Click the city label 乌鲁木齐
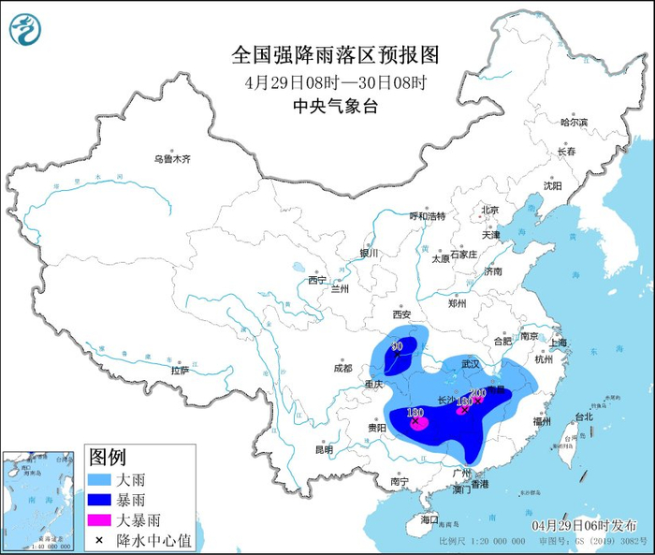(x=172, y=159)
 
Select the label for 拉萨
(x=180, y=371)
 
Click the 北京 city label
(x=489, y=210)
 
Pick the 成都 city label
(x=342, y=368)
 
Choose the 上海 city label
(x=559, y=343)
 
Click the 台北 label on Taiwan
(x=583, y=416)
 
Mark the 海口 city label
(x=429, y=518)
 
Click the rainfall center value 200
(x=477, y=392)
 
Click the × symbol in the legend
(x=98, y=540)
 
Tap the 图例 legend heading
(x=108, y=458)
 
